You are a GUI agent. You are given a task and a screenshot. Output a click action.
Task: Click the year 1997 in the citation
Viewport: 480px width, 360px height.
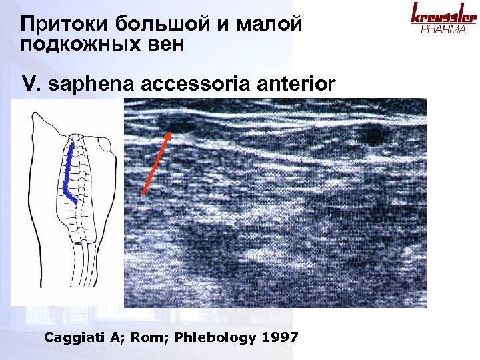point(280,337)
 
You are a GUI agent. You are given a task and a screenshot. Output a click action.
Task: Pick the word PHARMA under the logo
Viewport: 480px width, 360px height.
point(443,30)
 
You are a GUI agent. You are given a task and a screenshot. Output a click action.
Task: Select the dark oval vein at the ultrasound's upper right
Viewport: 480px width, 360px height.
point(371,135)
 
